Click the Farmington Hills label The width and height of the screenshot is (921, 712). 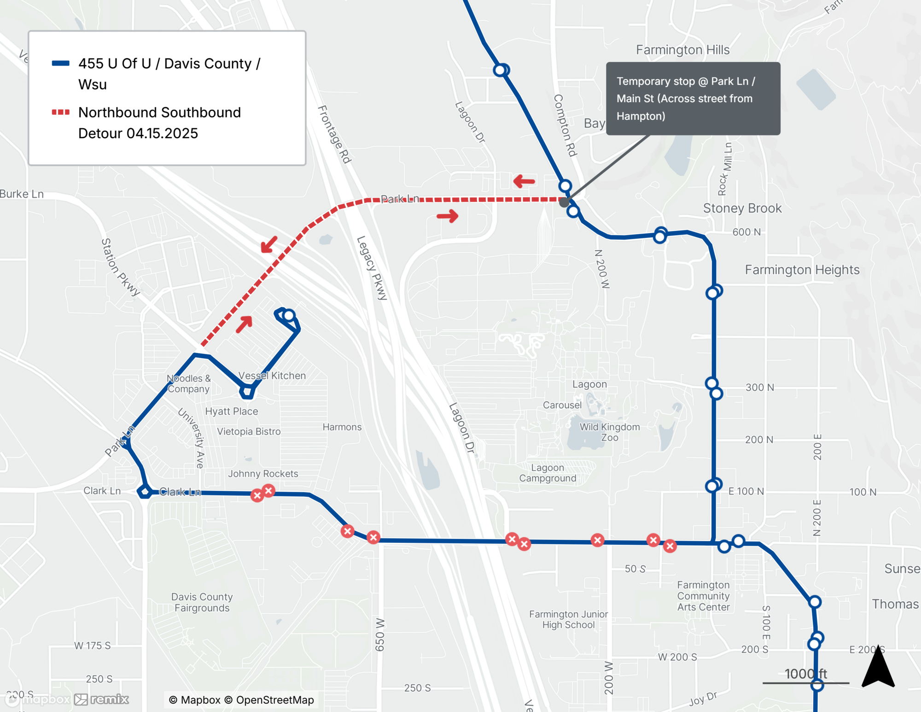click(682, 50)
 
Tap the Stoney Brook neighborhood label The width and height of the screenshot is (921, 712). click(742, 208)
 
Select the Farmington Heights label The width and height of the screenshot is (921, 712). click(802, 270)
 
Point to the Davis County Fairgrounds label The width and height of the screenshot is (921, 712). click(202, 602)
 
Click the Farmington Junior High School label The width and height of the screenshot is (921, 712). click(568, 619)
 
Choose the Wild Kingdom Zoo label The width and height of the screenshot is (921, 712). click(609, 432)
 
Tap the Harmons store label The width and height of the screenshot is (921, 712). click(342, 427)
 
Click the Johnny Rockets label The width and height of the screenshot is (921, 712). click(263, 474)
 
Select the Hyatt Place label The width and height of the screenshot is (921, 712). click(231, 411)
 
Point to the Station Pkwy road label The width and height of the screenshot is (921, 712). click(120, 267)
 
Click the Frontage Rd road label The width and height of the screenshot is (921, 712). click(335, 134)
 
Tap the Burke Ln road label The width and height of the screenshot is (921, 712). click(22, 194)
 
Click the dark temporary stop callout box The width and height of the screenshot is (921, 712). click(693, 99)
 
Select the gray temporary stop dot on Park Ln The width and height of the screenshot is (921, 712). click(564, 202)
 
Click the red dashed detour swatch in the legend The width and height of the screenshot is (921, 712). click(60, 112)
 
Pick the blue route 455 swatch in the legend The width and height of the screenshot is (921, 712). click(60, 64)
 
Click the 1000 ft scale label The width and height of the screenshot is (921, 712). click(805, 674)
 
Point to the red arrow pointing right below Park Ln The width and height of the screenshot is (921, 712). click(447, 216)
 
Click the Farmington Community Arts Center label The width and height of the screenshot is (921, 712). click(703, 596)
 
